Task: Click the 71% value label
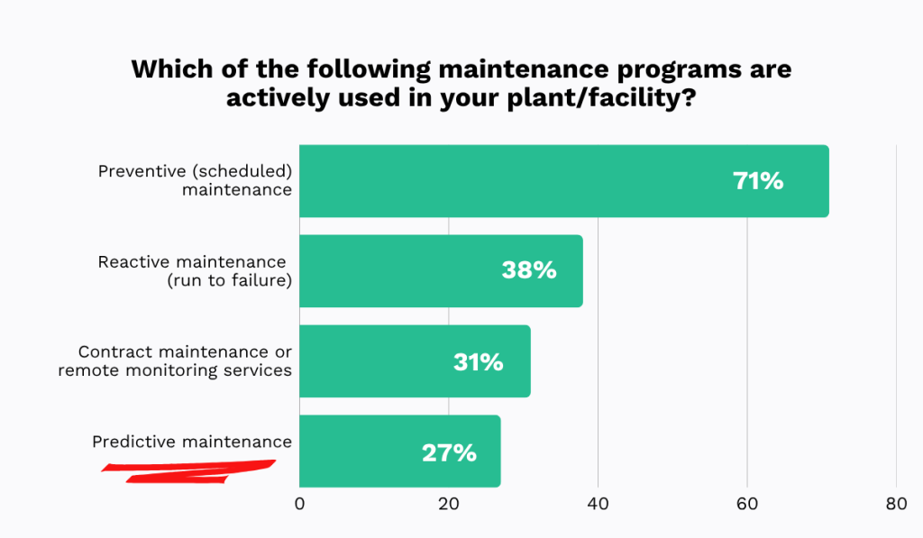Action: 758,181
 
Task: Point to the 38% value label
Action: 529,270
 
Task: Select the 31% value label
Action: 478,362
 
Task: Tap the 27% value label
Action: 449,452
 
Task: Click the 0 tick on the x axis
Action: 299,505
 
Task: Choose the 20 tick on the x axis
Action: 449,505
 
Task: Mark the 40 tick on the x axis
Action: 598,505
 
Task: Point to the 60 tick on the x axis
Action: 747,505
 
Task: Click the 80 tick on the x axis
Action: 896,505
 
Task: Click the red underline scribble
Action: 189,470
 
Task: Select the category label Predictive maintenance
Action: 192,442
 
